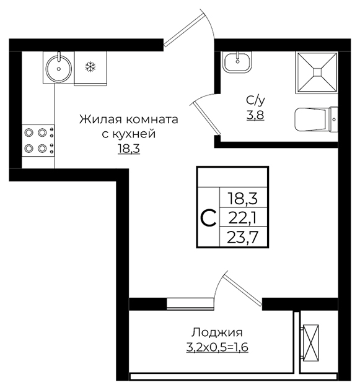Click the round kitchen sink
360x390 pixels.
(59, 69)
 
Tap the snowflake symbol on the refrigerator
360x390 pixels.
(90, 67)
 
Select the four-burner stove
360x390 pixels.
(38, 141)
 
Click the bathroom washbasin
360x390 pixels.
(237, 63)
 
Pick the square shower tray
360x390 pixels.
(317, 72)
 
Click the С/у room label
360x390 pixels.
(255, 100)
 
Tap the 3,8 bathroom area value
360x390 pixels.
(255, 115)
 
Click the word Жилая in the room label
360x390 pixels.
(101, 119)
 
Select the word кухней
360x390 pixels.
(134, 134)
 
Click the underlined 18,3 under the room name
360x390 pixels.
(129, 149)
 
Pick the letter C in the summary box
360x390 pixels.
(208, 218)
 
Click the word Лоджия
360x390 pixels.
(217, 332)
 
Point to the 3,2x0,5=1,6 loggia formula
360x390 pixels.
(217, 347)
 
